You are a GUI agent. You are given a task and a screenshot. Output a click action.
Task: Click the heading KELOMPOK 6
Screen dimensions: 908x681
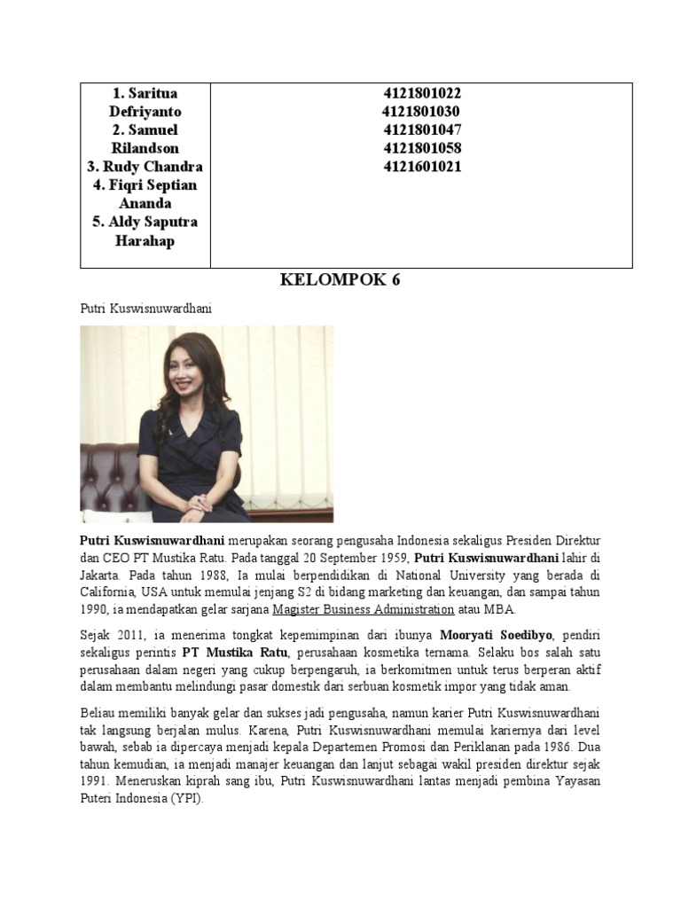click(340, 281)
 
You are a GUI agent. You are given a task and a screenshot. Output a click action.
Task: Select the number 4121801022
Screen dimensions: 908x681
click(422, 93)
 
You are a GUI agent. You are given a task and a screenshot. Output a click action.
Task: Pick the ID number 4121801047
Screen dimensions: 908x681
click(422, 129)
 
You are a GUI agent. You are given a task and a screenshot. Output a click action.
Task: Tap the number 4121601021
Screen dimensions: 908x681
click(422, 166)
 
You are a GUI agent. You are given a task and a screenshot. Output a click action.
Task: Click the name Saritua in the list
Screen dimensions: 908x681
click(152, 93)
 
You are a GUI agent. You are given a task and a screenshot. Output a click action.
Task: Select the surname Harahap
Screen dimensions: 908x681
click(145, 240)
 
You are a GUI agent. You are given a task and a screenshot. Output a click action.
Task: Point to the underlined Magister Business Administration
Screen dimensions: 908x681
click(364, 610)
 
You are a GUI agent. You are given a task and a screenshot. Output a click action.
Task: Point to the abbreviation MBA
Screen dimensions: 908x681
click(497, 610)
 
